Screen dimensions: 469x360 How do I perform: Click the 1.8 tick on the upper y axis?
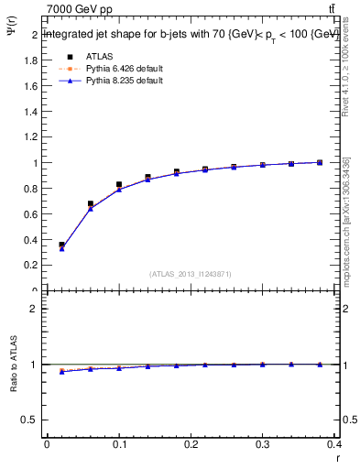30,60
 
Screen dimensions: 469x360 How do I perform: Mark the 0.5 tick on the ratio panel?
30,420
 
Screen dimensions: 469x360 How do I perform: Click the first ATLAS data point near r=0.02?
61,245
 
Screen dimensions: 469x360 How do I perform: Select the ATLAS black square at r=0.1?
119,184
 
